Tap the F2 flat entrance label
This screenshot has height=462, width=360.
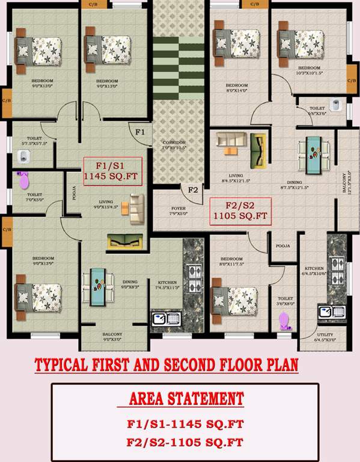(193, 190)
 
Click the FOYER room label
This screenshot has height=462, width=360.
(177, 210)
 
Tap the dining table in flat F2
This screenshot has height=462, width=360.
(314, 152)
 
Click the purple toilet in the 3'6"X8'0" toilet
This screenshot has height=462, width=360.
(284, 319)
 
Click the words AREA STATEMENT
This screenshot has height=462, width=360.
(187, 399)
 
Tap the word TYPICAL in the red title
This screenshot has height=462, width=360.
(67, 365)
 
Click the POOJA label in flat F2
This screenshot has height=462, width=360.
(282, 246)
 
